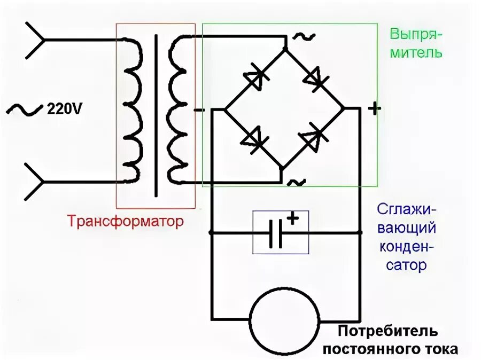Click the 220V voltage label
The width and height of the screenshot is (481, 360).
[65, 109]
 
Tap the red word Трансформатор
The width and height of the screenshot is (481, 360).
[125, 221]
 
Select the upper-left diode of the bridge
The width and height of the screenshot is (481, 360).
[255, 77]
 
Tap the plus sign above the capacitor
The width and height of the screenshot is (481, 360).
[292, 218]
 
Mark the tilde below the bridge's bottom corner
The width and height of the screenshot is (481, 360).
[296, 182]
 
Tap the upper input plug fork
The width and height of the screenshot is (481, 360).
[34, 40]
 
